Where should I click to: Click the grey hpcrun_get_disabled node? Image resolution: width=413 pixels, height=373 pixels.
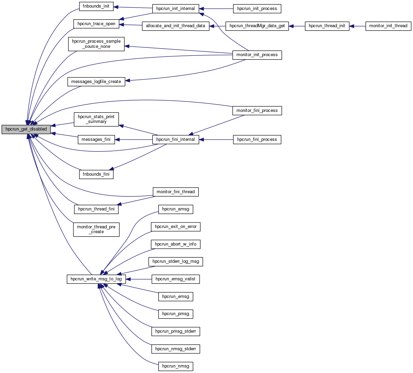(x=26, y=129)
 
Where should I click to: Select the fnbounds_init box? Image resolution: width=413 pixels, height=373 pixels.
(x=96, y=6)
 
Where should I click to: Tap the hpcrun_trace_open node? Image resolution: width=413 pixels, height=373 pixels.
(x=96, y=24)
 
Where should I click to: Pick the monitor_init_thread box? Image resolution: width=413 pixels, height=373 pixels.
(x=388, y=26)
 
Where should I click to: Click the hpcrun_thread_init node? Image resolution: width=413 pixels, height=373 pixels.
(x=327, y=26)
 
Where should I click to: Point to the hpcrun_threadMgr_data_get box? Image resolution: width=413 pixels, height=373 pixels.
(x=257, y=26)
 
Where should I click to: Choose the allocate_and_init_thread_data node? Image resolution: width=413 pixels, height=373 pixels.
(x=176, y=26)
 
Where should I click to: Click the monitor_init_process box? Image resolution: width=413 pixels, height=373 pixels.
(x=257, y=55)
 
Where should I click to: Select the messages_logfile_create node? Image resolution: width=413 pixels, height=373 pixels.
(x=96, y=82)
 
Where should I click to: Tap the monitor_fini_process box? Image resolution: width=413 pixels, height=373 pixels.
(x=257, y=111)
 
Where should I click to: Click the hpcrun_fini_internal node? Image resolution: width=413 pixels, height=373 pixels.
(x=176, y=139)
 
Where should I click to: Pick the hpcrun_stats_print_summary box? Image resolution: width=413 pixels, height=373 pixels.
(x=96, y=119)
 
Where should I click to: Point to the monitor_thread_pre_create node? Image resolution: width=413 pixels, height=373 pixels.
(x=96, y=229)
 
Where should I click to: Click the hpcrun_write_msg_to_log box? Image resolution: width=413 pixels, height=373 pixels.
(x=96, y=279)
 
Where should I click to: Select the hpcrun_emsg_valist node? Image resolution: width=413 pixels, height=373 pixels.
(x=176, y=279)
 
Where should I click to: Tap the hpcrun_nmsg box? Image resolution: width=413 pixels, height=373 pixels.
(x=176, y=366)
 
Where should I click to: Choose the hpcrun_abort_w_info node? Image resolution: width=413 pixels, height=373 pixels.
(x=176, y=244)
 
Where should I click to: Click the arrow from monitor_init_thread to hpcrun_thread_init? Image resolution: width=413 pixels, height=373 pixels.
(x=357, y=26)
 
